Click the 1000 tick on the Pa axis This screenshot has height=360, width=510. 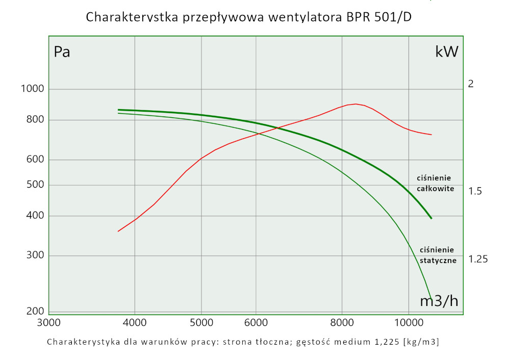[x=33, y=89]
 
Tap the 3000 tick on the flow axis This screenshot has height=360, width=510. [x=49, y=322]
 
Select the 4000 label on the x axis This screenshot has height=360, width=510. [x=135, y=322]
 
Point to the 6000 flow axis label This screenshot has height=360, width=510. [x=256, y=322]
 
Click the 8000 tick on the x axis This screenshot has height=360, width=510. [x=342, y=322]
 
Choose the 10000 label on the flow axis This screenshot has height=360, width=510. [x=409, y=322]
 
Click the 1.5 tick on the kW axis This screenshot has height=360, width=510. [x=475, y=191]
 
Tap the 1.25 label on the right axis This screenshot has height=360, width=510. [x=478, y=259]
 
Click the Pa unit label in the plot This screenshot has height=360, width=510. [x=62, y=52]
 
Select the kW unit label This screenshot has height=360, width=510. [x=447, y=52]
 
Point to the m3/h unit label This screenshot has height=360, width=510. [x=439, y=301]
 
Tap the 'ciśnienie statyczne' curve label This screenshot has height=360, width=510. [x=437, y=255]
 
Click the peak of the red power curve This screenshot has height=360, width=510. [x=355, y=104]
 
